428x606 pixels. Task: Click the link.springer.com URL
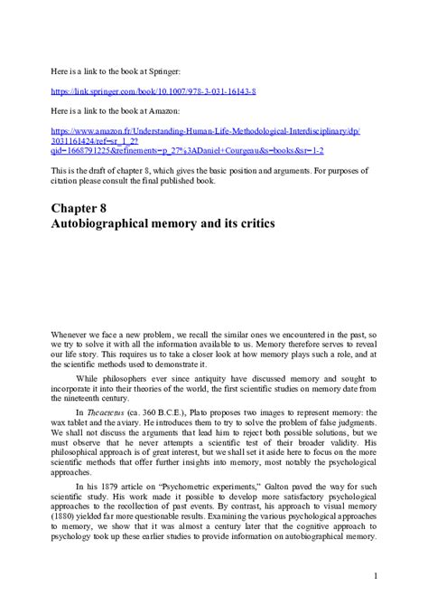[154, 91]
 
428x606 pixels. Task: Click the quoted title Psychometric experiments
[200, 488]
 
